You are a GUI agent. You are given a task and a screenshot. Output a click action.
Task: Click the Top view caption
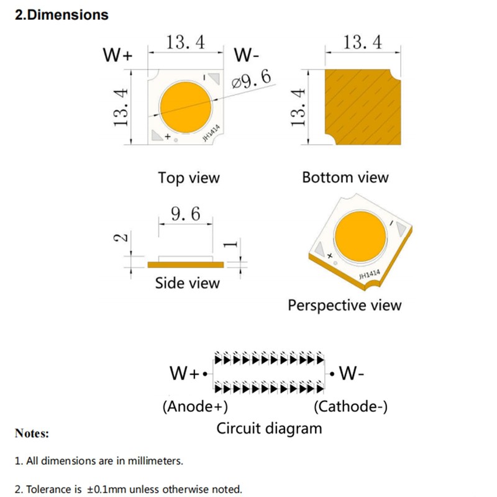(189, 178)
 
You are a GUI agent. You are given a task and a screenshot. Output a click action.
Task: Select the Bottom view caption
(345, 178)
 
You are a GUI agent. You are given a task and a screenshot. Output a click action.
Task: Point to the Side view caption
(187, 283)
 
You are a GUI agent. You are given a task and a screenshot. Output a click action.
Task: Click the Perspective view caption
(345, 306)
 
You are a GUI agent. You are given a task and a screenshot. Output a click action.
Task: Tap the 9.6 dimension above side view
(186, 214)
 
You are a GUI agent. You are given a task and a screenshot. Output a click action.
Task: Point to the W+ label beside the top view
(118, 55)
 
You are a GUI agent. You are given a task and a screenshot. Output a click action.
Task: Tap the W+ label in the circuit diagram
(184, 374)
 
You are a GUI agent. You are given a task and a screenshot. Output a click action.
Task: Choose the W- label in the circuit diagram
(352, 374)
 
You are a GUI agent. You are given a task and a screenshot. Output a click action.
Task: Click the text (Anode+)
(195, 407)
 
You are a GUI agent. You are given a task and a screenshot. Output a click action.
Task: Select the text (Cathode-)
(351, 407)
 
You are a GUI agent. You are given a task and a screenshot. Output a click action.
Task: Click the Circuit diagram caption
(269, 428)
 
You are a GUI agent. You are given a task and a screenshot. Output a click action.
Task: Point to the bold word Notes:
(32, 434)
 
